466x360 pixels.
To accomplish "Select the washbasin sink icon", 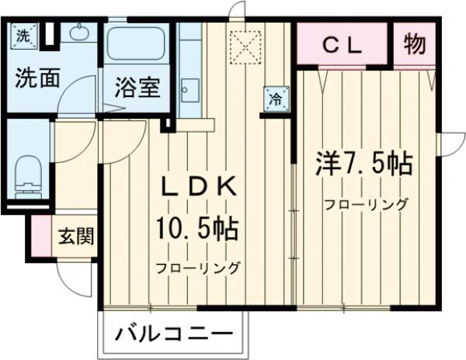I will [x=78, y=33].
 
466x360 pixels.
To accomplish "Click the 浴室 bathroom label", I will [x=138, y=88].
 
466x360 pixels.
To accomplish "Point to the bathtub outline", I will [x=139, y=43].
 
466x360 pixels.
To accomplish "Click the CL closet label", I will [x=342, y=45].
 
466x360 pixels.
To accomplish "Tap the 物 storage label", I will [x=415, y=45].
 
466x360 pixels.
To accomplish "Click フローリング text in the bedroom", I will [x=366, y=205].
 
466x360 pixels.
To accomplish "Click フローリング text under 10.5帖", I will [x=197, y=268].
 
